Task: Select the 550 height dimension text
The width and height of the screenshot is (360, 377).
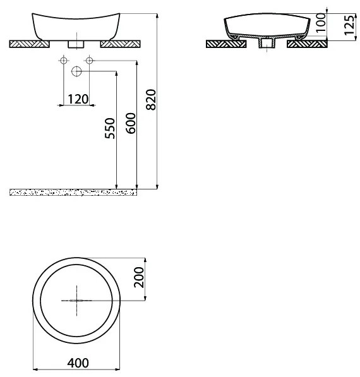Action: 109,130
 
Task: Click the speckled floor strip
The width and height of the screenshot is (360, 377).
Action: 73,191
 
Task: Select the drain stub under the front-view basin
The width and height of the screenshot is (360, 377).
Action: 76,44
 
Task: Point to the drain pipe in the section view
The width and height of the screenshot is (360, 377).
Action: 267,45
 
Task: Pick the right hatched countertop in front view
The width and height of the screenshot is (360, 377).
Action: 122,44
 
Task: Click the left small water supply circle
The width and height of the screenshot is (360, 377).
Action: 63,60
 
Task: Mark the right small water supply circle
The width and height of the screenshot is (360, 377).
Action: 89,60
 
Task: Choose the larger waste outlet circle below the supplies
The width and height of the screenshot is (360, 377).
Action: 76,71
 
